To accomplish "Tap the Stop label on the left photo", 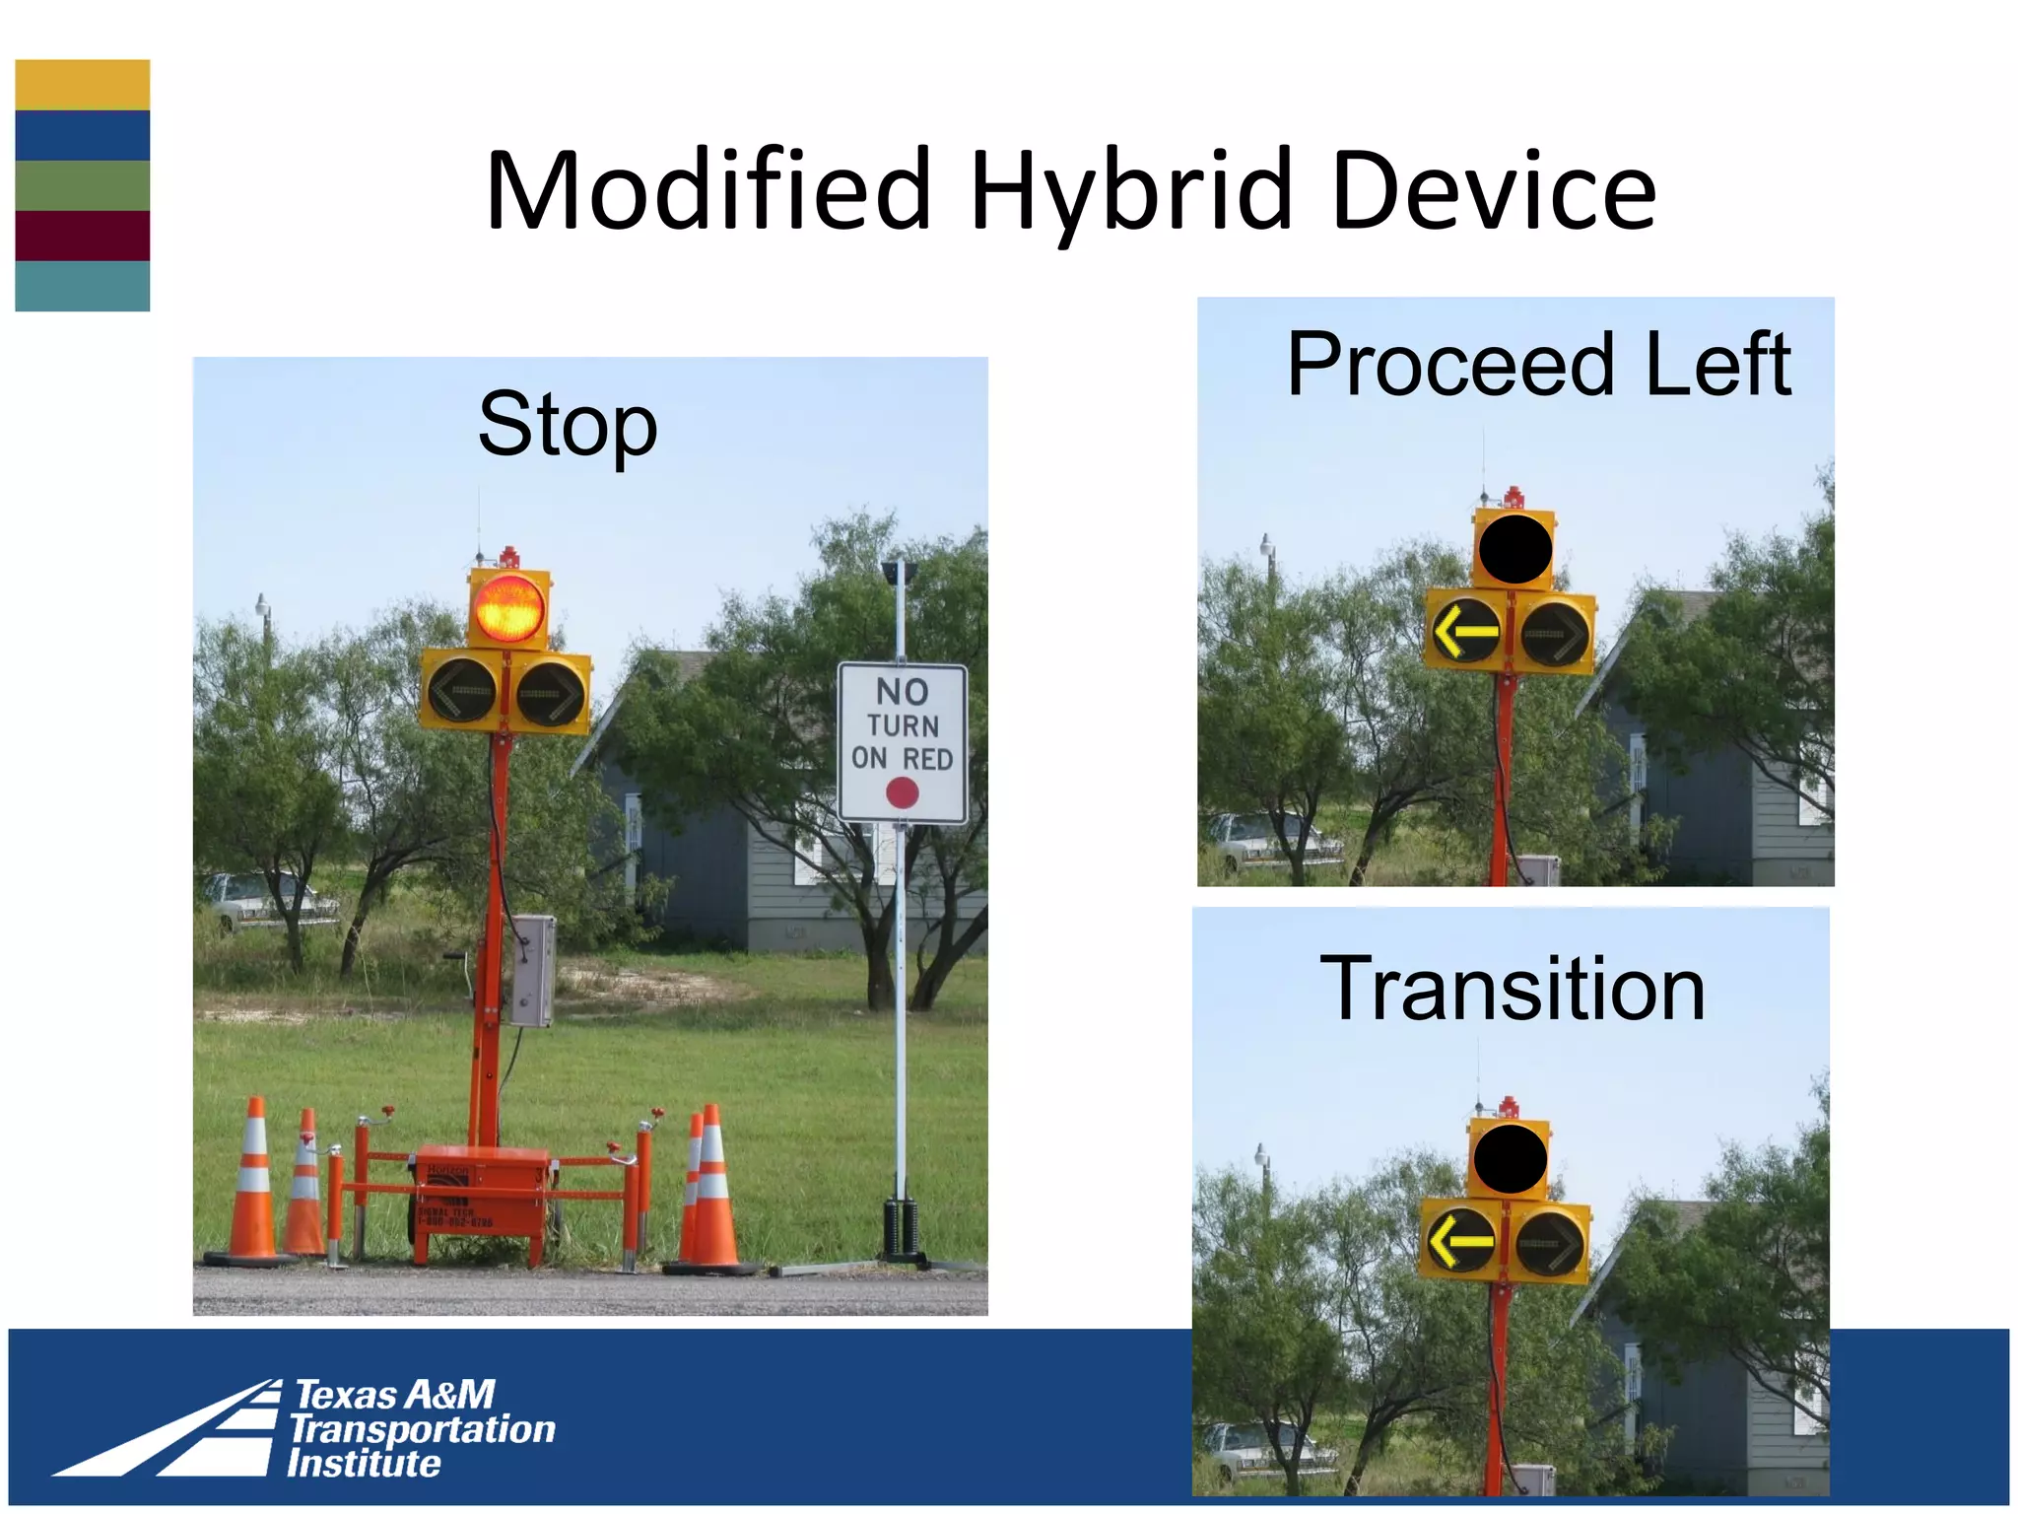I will [x=568, y=426].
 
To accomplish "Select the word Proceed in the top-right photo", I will [x=1449, y=365].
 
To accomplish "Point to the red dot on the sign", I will [x=902, y=792].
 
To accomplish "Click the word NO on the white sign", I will [x=902, y=692].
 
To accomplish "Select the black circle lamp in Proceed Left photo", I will [x=1514, y=549].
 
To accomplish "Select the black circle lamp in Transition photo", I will [x=1509, y=1159].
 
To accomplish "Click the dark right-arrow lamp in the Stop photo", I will [x=551, y=694].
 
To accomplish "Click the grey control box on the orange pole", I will [x=533, y=971].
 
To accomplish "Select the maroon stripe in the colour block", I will [x=83, y=235].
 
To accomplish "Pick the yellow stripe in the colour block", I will [x=83, y=85].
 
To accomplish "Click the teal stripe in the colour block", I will [x=83, y=286].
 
